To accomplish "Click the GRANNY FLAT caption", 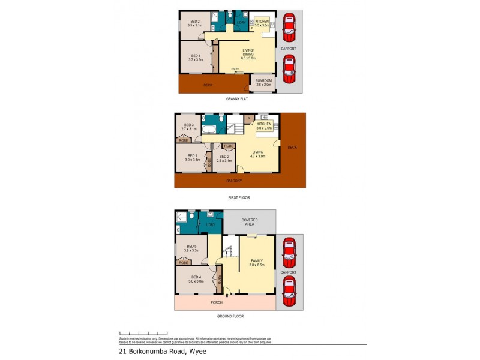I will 236,98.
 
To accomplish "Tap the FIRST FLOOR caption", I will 239,197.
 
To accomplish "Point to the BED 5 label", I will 191,246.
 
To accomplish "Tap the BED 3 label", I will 189,125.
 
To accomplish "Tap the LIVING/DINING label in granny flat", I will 248,52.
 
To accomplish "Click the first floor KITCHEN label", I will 265,124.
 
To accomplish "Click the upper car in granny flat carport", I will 289,26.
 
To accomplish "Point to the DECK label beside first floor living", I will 292,146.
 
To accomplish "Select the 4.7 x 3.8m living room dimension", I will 257,155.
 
